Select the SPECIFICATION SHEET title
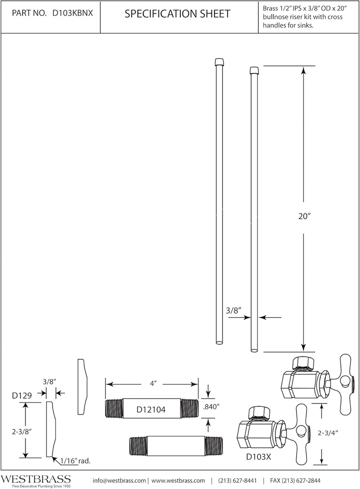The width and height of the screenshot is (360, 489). [177, 14]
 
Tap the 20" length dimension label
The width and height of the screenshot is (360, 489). [304, 216]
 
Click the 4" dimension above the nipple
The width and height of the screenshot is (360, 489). [152, 383]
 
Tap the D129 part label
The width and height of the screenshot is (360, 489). [22, 395]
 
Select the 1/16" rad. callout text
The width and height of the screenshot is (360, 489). [76, 461]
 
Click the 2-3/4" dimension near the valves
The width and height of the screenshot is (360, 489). [328, 433]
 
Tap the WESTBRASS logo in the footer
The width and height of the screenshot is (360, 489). [35, 479]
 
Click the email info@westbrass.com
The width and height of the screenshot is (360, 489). [119, 480]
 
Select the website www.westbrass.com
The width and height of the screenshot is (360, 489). [178, 480]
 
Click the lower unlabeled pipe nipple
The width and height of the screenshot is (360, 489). [176, 445]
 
